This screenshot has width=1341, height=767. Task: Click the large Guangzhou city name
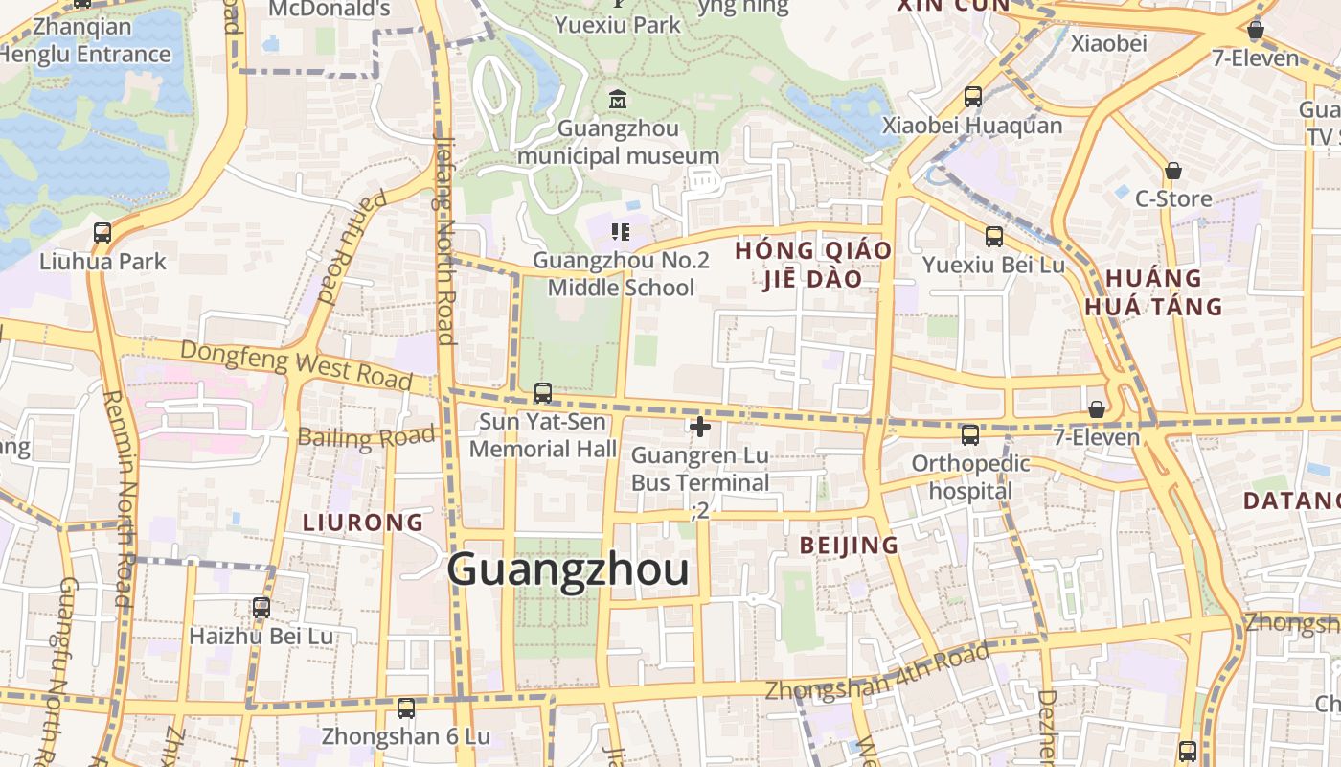coord(568,569)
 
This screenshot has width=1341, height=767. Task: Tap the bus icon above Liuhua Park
coord(102,233)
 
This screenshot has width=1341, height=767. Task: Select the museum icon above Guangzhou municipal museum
coord(619,98)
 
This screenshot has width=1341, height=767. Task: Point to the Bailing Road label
coord(366,437)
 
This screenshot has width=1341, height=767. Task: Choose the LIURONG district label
coord(363,523)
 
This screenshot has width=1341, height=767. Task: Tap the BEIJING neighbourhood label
coord(850,546)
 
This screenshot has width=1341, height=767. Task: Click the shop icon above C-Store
coord(1173,172)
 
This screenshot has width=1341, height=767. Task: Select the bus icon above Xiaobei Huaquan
coord(973,97)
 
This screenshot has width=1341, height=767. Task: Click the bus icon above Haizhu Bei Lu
coord(261,607)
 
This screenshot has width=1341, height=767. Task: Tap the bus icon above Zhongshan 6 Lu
coord(406,709)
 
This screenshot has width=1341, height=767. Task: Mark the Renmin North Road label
coord(119,499)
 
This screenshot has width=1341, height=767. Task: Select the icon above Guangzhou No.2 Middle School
coord(621,231)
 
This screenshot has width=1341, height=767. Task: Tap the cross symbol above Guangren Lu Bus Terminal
coord(700,427)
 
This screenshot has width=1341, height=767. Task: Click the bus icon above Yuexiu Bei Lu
coord(994,236)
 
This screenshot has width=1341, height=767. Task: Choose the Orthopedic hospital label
coord(970,477)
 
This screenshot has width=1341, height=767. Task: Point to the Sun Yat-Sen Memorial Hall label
coord(543,435)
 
